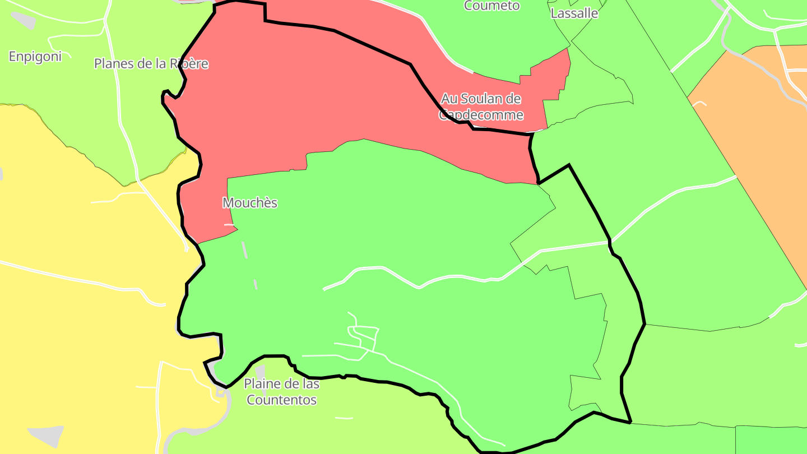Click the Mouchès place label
pyautogui.click(x=250, y=203)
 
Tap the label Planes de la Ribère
pyautogui.click(x=151, y=64)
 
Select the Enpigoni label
pyautogui.click(x=35, y=57)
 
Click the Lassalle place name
pyautogui.click(x=574, y=13)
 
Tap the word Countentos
pyautogui.click(x=281, y=400)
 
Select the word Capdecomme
pyautogui.click(x=481, y=115)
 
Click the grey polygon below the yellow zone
pyautogui.click(x=46, y=436)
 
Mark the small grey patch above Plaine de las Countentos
pyautogui.click(x=260, y=371)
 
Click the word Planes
pyautogui.click(x=114, y=64)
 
